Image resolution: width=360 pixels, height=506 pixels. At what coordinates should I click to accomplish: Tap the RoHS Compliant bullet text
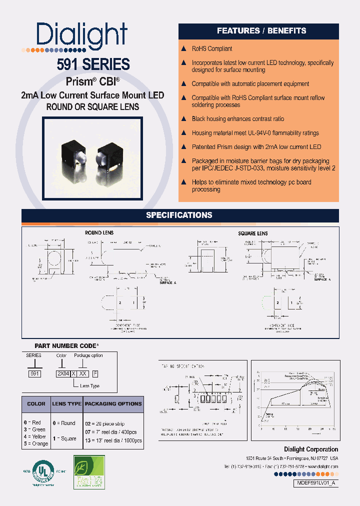(212, 49)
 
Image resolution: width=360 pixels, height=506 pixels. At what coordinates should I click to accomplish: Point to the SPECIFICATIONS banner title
(179, 215)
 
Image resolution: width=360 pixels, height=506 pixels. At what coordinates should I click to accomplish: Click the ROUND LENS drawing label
(99, 233)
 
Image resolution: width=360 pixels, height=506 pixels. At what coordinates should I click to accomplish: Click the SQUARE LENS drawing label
(252, 233)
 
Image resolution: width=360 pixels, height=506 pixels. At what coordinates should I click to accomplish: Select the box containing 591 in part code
(34, 373)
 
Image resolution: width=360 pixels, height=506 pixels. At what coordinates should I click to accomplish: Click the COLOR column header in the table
(36, 404)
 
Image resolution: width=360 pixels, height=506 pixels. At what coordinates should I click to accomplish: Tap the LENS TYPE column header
(66, 404)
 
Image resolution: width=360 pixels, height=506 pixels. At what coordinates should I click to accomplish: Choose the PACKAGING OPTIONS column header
(113, 404)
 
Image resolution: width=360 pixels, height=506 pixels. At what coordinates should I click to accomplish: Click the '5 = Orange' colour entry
(36, 443)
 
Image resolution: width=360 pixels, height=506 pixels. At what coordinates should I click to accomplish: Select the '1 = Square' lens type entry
(65, 438)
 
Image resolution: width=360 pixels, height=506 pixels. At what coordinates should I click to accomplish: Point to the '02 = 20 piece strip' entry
(108, 423)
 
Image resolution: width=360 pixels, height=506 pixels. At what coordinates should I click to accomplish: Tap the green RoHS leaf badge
(89, 472)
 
